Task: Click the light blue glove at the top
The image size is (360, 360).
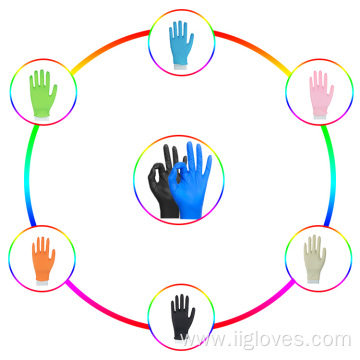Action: click(181, 43)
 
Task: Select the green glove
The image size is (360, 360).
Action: click(43, 93)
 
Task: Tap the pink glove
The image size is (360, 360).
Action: click(321, 94)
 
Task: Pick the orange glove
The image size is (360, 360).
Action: click(43, 260)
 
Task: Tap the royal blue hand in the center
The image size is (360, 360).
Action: click(190, 182)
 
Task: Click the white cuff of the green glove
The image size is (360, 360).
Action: click(42, 118)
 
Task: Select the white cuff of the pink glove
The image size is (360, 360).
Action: click(320, 116)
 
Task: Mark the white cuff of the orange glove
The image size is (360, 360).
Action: click(43, 283)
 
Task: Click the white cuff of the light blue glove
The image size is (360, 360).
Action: click(180, 67)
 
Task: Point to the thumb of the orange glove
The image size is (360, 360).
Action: click(52, 256)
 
